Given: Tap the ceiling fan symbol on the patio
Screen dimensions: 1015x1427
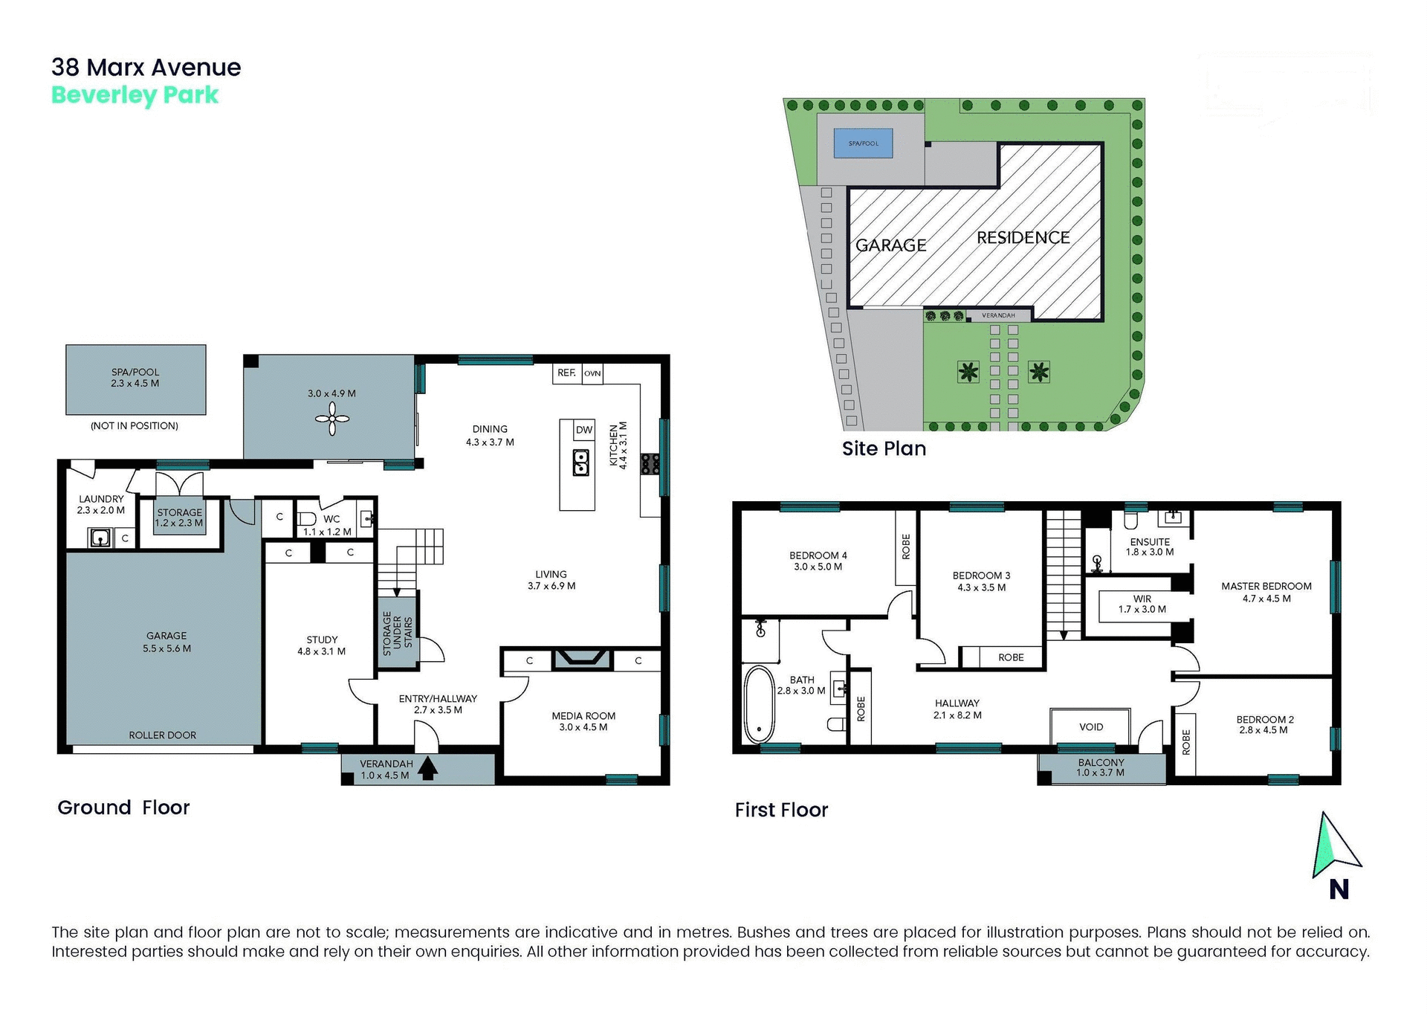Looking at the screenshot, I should [332, 420].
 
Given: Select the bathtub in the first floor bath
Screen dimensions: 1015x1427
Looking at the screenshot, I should [759, 704].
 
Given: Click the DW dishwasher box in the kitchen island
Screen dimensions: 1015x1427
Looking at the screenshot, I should [584, 430].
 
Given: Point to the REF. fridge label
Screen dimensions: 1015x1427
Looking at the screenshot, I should [566, 373].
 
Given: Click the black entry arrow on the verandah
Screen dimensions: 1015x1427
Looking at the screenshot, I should [427, 768].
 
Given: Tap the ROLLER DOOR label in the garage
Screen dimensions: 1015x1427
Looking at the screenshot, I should [162, 735].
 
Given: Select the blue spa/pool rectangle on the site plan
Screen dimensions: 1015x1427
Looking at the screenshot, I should [863, 144].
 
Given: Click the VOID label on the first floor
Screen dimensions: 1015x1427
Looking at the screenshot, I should [1090, 726].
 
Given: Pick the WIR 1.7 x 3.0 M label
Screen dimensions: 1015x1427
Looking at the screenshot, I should [1142, 604].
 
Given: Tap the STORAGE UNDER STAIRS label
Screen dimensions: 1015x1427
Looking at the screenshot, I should [397, 634].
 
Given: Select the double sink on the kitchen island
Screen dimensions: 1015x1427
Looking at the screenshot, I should [580, 463].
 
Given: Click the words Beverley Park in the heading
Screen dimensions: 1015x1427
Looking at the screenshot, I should [135, 95].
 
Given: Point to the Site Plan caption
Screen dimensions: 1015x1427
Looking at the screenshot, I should [884, 448].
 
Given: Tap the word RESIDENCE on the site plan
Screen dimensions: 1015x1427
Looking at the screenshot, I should [1023, 238].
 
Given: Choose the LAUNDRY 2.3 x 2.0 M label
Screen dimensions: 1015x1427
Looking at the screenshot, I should [101, 504].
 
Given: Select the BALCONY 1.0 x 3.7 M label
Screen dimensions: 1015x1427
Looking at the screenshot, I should [1101, 767].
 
